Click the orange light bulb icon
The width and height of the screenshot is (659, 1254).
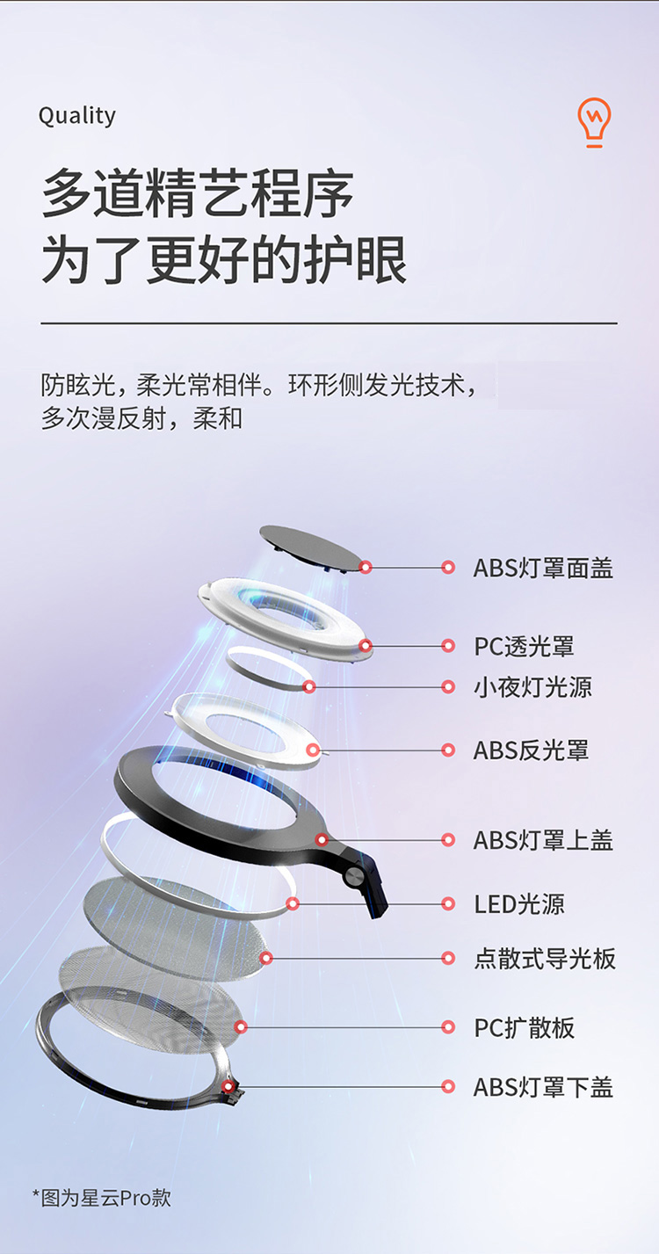(595, 122)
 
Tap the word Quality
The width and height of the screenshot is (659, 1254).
(77, 116)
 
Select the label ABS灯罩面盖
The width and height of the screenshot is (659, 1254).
(543, 569)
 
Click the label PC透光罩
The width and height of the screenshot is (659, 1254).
(525, 647)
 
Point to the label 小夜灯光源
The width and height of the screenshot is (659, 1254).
(533, 687)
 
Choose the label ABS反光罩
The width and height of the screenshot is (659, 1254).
(531, 750)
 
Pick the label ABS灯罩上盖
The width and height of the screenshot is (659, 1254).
(543, 840)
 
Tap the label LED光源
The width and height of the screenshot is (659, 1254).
(519, 904)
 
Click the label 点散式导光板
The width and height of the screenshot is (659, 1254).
(545, 959)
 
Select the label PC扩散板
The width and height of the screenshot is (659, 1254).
(525, 1027)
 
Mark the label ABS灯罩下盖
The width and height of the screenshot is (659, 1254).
(543, 1088)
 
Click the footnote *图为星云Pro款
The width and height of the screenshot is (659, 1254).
(102, 1198)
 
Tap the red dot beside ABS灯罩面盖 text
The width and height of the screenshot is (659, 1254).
(448, 569)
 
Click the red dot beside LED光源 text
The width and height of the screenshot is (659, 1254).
(448, 904)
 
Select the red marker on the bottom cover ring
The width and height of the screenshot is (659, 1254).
(228, 1087)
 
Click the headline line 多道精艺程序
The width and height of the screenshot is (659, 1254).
(199, 195)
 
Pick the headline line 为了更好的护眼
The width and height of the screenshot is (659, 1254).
(224, 260)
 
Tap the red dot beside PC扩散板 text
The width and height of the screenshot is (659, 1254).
(448, 1027)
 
